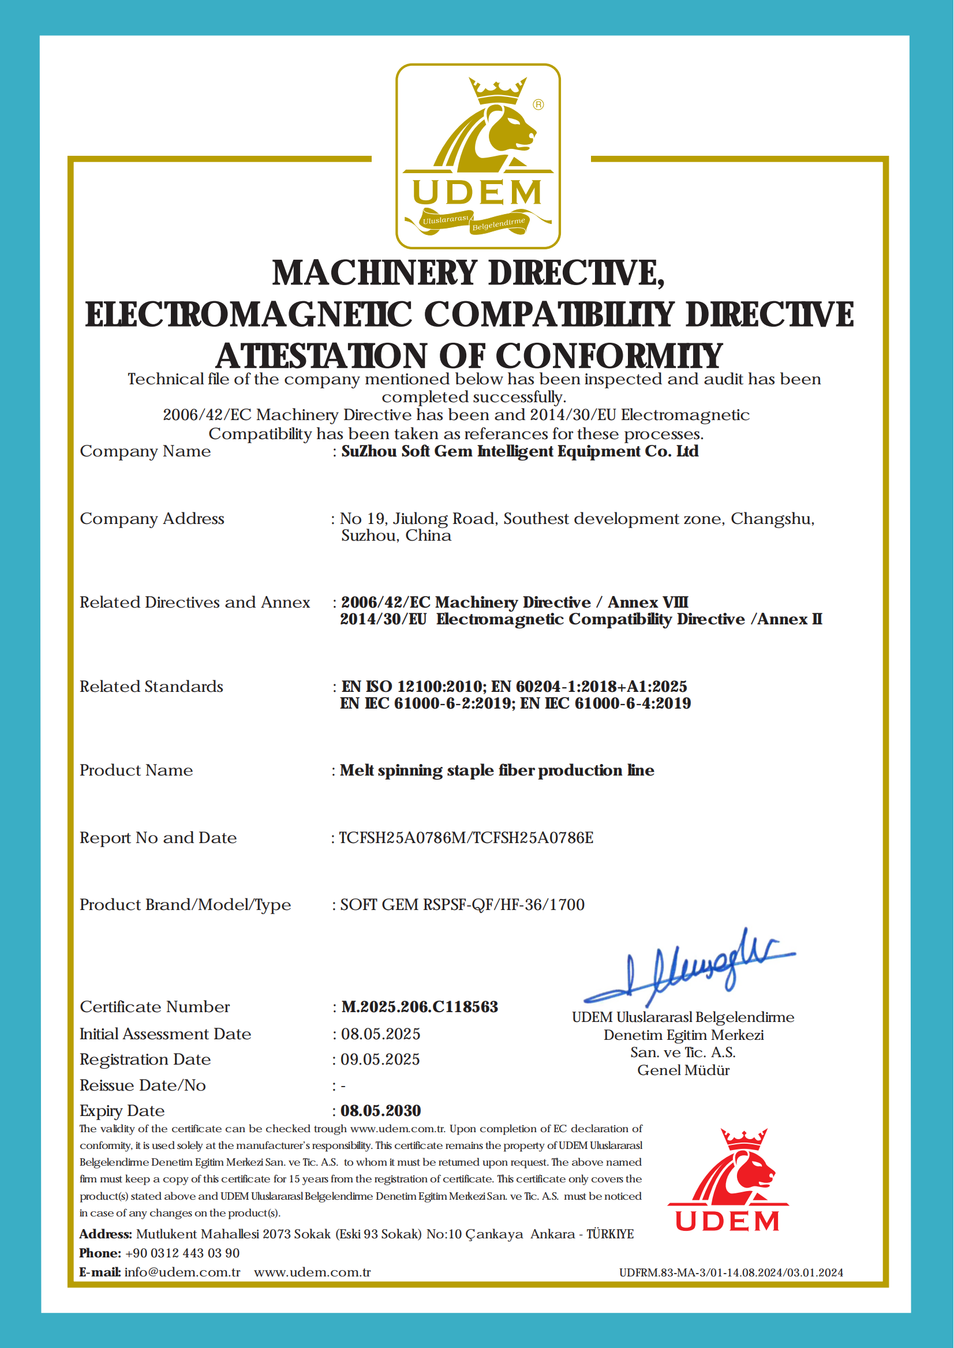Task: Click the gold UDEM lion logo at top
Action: coord(478,156)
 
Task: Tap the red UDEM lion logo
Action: coord(728,1180)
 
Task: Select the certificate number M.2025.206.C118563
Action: coord(420,1007)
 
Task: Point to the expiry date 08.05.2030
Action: coord(381,1111)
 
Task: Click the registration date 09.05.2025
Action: coord(381,1059)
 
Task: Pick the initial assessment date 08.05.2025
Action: coord(381,1034)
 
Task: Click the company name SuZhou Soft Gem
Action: coord(520,451)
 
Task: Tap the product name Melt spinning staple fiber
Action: coord(497,770)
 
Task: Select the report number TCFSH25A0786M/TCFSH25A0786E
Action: coord(466,837)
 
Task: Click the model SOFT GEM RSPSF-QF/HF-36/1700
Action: coord(462,905)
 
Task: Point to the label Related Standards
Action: coord(152,687)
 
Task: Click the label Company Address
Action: coord(152,519)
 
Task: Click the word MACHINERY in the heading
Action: coord(374,273)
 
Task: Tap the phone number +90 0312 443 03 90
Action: coord(182,1253)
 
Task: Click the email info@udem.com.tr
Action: coord(182,1272)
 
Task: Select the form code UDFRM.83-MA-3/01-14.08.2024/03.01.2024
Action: coord(731,1273)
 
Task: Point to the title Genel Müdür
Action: coord(683,1070)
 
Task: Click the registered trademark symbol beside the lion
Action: coord(538,104)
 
